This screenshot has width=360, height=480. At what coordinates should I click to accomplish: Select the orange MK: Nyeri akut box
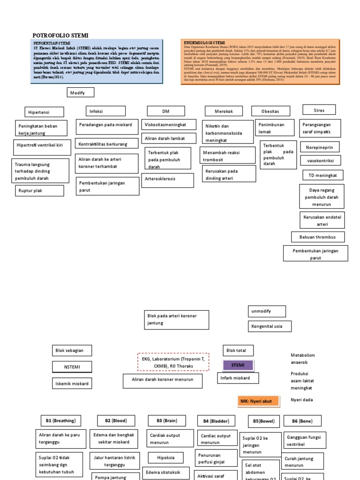259,401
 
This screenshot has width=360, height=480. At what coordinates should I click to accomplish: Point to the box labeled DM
166,111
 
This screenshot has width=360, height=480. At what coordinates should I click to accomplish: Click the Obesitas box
270,111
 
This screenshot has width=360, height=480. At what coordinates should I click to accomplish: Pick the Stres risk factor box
319,111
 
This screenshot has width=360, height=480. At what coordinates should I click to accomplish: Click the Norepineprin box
320,147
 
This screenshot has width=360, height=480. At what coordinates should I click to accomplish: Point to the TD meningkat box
322,175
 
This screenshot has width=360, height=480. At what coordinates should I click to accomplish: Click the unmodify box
266,311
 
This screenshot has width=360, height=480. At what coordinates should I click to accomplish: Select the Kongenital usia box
270,326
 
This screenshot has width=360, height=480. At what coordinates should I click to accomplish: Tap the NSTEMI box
72,367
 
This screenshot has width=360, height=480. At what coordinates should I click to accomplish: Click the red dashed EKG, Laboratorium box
173,362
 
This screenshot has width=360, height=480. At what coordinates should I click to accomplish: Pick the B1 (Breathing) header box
60,420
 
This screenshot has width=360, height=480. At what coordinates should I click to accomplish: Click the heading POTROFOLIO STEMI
60,36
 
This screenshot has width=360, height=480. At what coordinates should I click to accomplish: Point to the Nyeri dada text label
301,400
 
